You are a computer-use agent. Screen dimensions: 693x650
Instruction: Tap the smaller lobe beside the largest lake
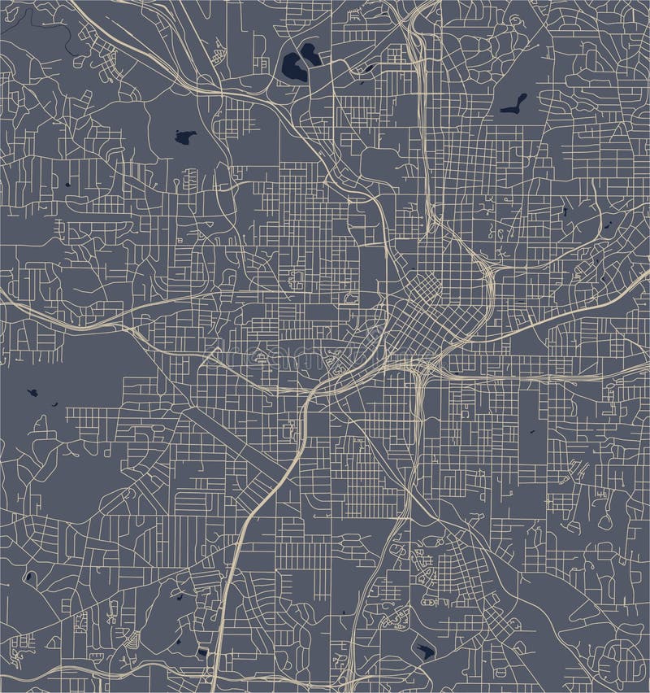tap(310, 54)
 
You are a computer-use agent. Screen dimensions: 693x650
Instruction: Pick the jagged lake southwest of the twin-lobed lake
tap(185, 137)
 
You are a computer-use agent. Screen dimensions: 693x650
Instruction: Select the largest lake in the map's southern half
tap(425, 651)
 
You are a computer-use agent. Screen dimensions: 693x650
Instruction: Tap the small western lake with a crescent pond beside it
tap(33, 393)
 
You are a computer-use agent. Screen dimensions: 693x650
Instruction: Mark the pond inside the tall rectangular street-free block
tap(532, 432)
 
